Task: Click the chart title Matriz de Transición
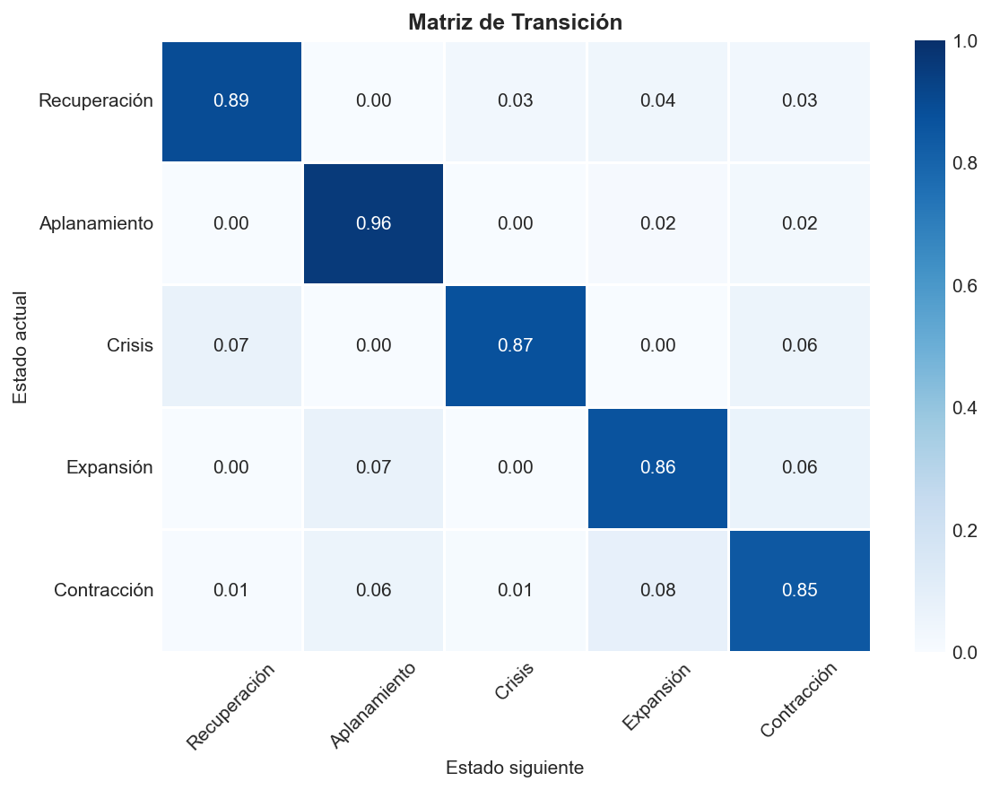coord(515,22)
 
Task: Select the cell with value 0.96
coord(374,223)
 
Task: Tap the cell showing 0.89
coord(231,101)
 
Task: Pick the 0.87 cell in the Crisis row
coord(516,345)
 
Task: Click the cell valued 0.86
coord(657,467)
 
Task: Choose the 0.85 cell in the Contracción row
coord(799,590)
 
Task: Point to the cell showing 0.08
coord(657,590)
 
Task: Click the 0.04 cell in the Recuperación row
coord(657,101)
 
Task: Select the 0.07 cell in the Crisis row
coord(231,345)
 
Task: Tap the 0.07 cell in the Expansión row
coord(374,467)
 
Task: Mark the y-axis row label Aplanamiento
coord(96,223)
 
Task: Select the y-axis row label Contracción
coord(103,590)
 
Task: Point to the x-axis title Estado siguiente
coord(515,768)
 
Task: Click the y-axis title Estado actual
coord(21,346)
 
